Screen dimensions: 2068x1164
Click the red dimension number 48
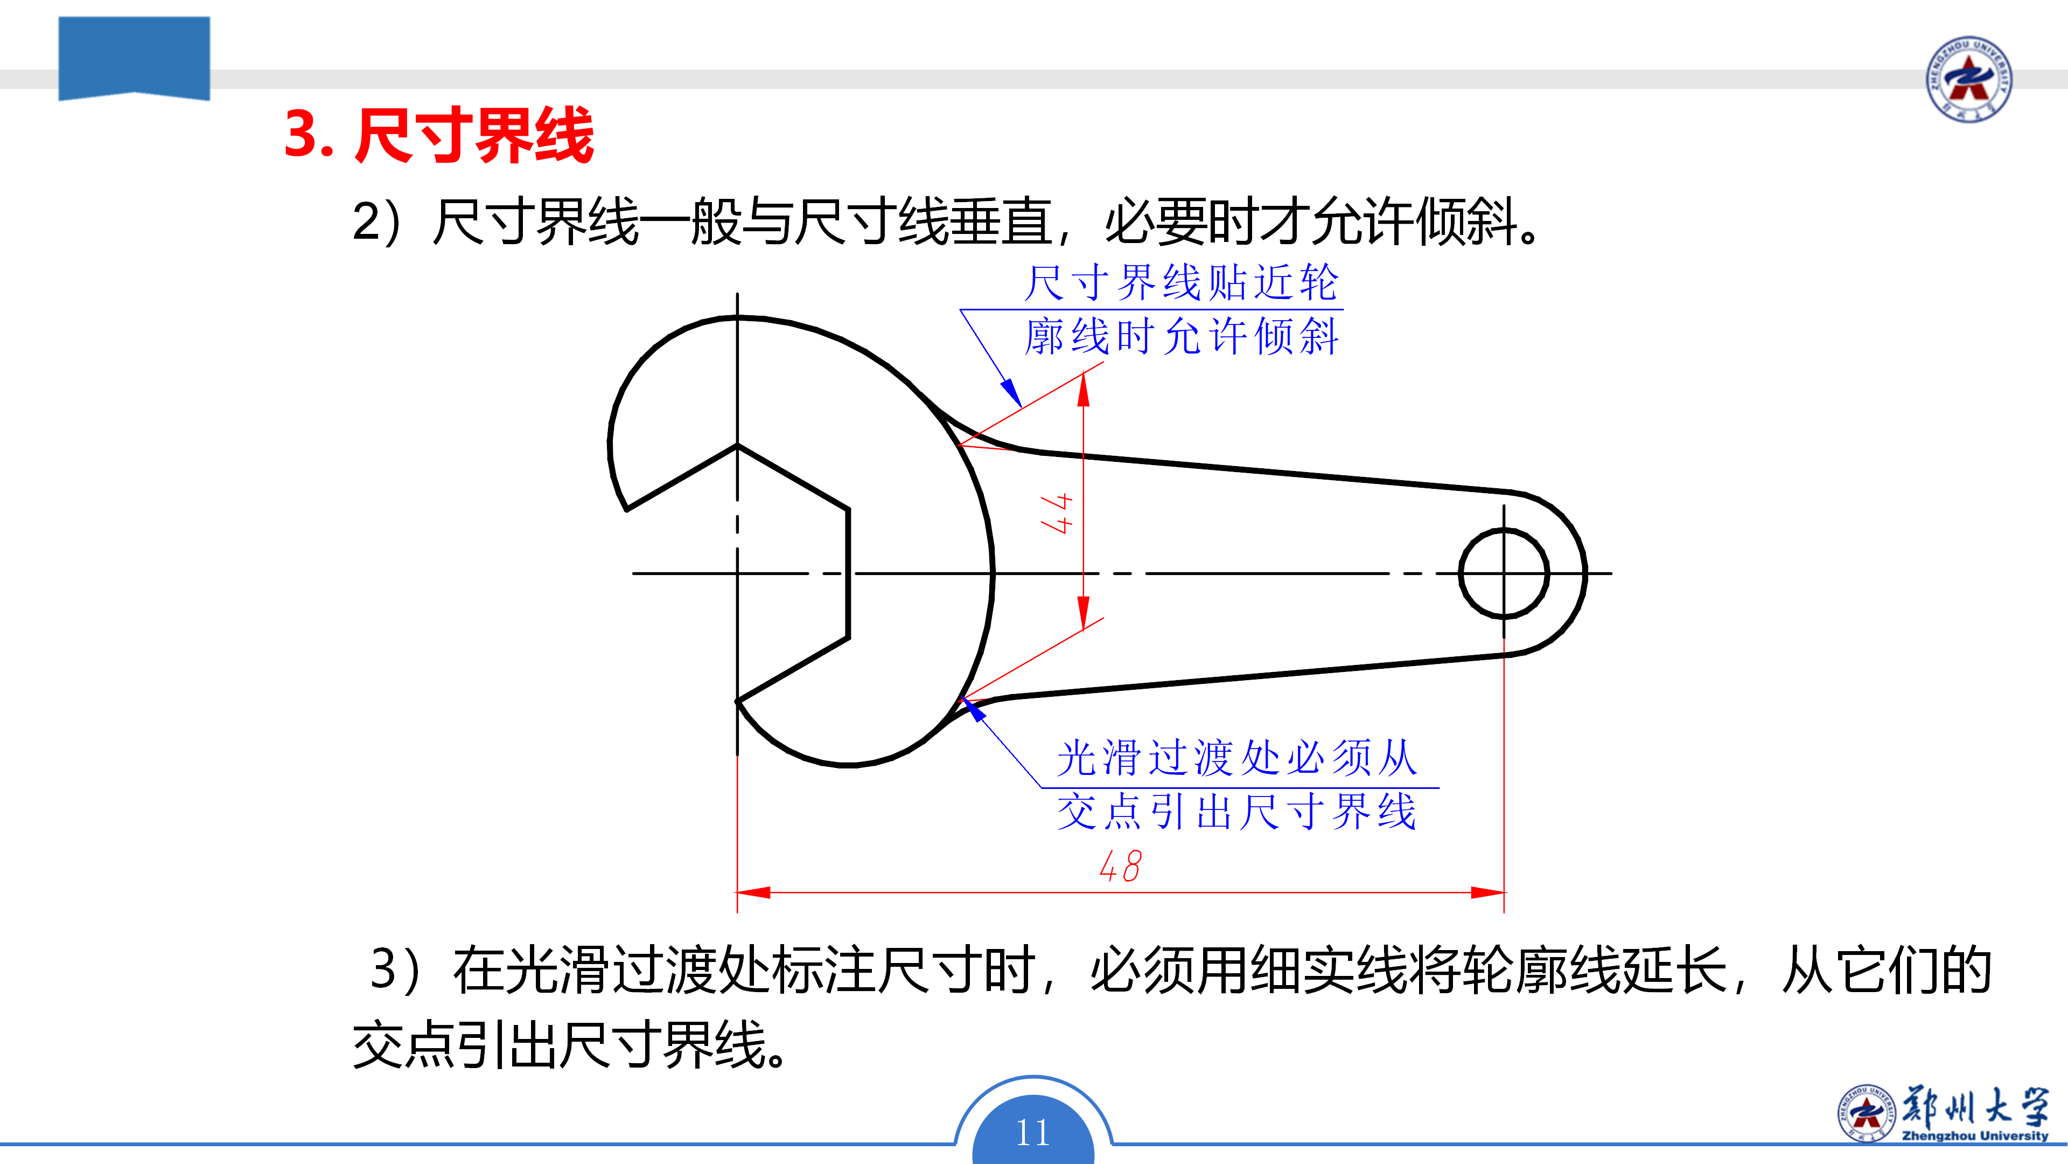(x=1120, y=866)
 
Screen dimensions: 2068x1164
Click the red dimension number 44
(x=1057, y=514)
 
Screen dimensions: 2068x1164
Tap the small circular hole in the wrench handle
(x=1504, y=573)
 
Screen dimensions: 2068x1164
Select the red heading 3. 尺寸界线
(x=439, y=135)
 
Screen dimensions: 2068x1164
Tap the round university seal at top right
(x=1968, y=79)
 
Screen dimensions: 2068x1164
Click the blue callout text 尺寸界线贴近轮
(x=1182, y=283)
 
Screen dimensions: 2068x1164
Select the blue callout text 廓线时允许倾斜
(x=1182, y=336)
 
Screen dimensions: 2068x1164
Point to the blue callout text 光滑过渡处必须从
(x=1236, y=758)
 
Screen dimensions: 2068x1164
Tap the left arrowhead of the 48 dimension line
(x=753, y=892)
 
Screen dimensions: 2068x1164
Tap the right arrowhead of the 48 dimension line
(x=1487, y=892)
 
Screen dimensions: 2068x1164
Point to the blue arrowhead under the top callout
(x=1011, y=393)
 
